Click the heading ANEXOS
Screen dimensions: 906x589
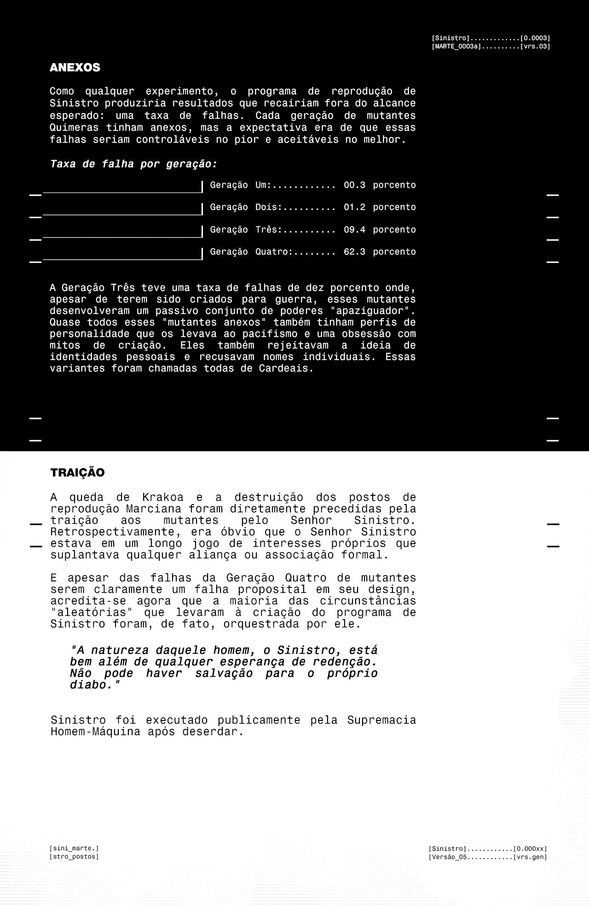75,68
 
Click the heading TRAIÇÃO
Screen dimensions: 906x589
77,473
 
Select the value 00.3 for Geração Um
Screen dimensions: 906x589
354,185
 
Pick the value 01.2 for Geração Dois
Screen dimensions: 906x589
354,207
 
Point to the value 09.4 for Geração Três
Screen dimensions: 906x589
354,230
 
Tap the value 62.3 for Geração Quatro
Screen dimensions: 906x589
354,252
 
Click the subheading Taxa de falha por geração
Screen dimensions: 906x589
133,164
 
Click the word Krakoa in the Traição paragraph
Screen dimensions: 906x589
162,498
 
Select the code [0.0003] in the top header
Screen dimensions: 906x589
535,38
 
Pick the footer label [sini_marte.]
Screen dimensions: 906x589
74,848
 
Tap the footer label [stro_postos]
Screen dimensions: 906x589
74,857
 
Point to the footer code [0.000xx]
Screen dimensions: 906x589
530,849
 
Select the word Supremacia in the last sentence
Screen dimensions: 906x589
381,720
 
